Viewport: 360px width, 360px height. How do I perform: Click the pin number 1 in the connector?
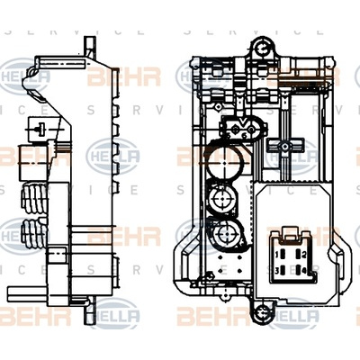[281, 255]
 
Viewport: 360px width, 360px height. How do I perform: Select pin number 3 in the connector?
[281, 269]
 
